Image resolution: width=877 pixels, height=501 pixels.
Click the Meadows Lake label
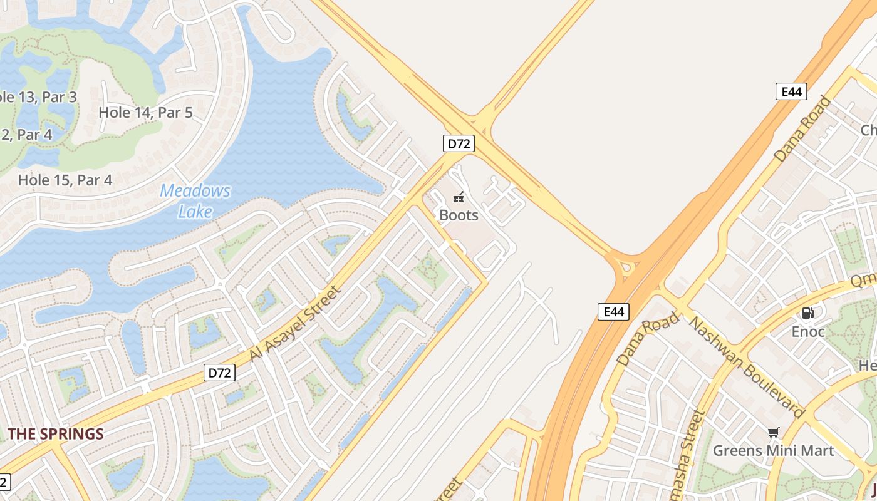click(195, 200)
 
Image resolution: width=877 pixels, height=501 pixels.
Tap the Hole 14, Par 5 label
click(146, 113)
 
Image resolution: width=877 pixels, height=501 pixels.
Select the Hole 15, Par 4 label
click(65, 180)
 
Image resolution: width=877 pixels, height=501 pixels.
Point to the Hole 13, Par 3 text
click(38, 97)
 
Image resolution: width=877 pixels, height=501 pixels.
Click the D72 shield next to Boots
click(459, 143)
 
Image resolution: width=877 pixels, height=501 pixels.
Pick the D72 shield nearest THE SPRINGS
click(219, 373)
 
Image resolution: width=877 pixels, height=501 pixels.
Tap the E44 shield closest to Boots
click(613, 311)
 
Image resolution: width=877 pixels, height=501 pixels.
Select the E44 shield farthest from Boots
click(791, 91)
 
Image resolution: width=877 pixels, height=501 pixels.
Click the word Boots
click(459, 215)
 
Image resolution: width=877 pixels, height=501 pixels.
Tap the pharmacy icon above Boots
click(459, 198)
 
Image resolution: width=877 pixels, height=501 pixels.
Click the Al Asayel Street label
click(296, 323)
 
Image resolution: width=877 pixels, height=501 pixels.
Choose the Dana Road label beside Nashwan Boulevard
click(648, 339)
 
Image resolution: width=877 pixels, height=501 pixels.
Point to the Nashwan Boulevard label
click(746, 366)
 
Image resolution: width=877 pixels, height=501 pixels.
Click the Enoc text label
click(808, 331)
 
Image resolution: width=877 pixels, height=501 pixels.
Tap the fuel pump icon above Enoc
click(808, 313)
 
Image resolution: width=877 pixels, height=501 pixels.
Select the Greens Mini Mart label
click(773, 450)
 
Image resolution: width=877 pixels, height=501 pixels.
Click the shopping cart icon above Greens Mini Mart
click(773, 433)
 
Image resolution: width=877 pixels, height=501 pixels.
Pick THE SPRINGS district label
click(55, 434)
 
